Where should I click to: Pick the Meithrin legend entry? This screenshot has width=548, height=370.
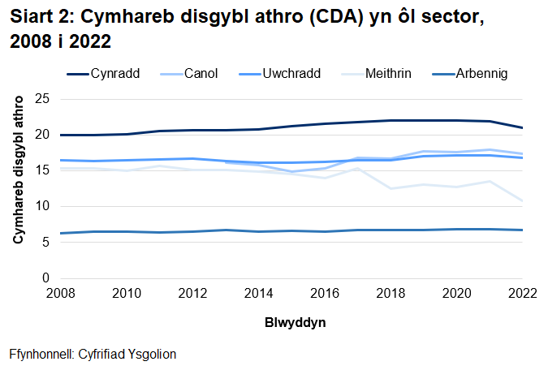[384, 73]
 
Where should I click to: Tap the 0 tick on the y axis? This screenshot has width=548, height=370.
[47, 278]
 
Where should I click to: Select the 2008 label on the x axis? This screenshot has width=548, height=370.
[61, 292]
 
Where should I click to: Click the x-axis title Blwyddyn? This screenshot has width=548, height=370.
[295, 322]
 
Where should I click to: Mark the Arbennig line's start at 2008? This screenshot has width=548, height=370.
[61, 233]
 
